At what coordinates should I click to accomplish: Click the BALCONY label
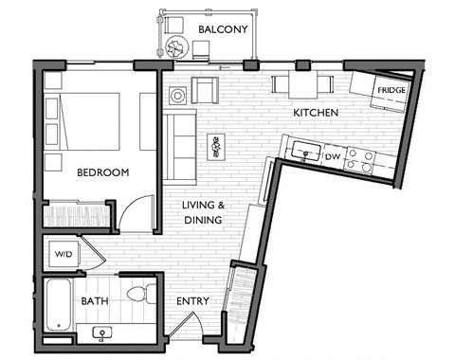(x=223, y=30)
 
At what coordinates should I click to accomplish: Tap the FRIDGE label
(x=391, y=91)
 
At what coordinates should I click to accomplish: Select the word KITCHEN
(x=316, y=114)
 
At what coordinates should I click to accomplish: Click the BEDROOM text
(x=102, y=172)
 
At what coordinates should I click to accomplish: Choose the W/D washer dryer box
(x=64, y=254)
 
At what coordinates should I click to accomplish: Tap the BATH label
(x=94, y=301)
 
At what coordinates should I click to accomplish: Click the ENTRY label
(x=192, y=302)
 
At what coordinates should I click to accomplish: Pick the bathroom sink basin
(x=102, y=333)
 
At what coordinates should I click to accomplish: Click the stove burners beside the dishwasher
(x=357, y=158)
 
